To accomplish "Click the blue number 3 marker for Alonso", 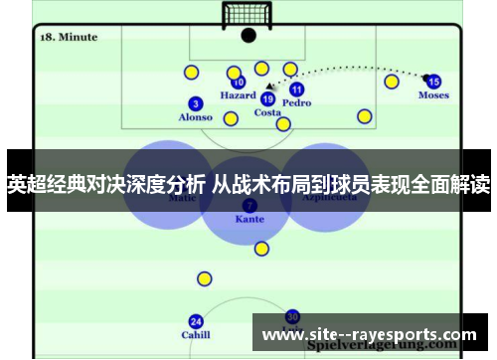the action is pyautogui.click(x=196, y=102).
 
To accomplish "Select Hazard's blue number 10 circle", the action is pyautogui.click(x=239, y=83).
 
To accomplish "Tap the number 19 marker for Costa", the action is pyautogui.click(x=267, y=98).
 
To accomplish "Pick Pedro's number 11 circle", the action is pyautogui.click(x=296, y=90).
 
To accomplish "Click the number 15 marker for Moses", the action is pyautogui.click(x=433, y=82).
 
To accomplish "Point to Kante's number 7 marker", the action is pyautogui.click(x=249, y=204).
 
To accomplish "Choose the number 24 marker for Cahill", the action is pyautogui.click(x=196, y=321).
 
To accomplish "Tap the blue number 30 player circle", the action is pyautogui.click(x=292, y=316).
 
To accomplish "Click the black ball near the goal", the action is pyautogui.click(x=248, y=36).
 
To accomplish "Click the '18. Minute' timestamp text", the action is pyautogui.click(x=69, y=37).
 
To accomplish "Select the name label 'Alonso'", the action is pyautogui.click(x=195, y=117).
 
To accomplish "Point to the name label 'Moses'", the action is pyautogui.click(x=433, y=95).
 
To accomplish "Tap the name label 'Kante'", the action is pyautogui.click(x=249, y=218).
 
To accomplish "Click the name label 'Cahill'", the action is pyautogui.click(x=196, y=335).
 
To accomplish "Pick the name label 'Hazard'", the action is pyautogui.click(x=238, y=96).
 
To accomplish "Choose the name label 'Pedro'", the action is pyautogui.click(x=296, y=103).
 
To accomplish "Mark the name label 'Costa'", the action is pyautogui.click(x=267, y=112).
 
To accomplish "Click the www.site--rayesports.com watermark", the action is pyautogui.click(x=368, y=333).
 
